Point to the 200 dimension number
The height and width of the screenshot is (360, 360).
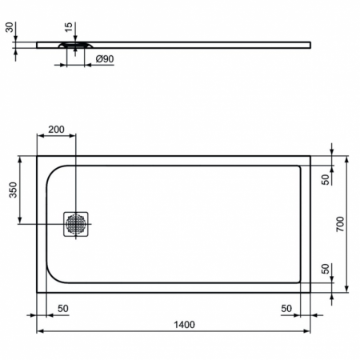(x=57, y=129)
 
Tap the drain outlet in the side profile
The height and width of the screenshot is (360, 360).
(x=74, y=46)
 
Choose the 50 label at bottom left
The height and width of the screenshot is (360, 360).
(x=62, y=308)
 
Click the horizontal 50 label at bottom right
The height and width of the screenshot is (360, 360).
(x=286, y=308)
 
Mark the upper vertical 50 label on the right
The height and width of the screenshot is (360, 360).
(x=325, y=179)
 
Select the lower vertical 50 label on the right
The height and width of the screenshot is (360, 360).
(x=325, y=269)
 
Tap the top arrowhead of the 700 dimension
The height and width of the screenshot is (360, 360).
(x=346, y=159)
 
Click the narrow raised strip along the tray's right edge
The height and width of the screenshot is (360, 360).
(x=305, y=223)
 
